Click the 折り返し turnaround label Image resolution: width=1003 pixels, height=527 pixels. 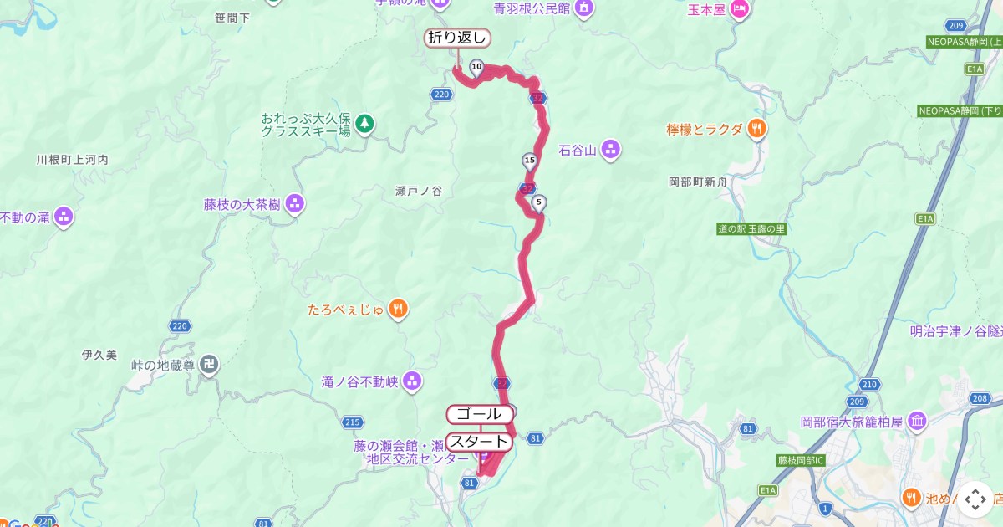pyautogui.click(x=456, y=38)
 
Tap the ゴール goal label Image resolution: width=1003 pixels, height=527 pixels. pyautogui.click(x=479, y=414)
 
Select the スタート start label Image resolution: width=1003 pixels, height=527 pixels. pyautogui.click(x=479, y=442)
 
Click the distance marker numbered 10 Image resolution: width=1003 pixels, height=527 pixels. pyautogui.click(x=476, y=67)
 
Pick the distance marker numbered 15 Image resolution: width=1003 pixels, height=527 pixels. pyautogui.click(x=529, y=160)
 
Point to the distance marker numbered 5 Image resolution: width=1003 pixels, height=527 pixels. pyautogui.click(x=539, y=202)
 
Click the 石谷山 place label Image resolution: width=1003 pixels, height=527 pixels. pyautogui.click(x=577, y=151)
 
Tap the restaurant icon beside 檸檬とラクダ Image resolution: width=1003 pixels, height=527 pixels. pyautogui.click(x=757, y=129)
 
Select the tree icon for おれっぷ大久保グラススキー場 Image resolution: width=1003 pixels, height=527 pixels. pyautogui.click(x=364, y=124)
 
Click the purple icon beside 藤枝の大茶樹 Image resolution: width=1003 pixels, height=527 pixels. pyautogui.click(x=294, y=204)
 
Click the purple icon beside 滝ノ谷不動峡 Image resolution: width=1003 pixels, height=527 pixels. pyautogui.click(x=411, y=382)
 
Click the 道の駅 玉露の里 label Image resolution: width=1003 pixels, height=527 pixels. pyautogui.click(x=751, y=229)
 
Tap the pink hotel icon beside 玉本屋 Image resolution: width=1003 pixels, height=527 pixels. pyautogui.click(x=740, y=9)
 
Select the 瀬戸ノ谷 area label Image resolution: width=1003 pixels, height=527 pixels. pyautogui.click(x=418, y=191)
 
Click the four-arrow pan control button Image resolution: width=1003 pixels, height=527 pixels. pyautogui.click(x=975, y=499)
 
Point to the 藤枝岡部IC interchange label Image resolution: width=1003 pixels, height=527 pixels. pyautogui.click(x=801, y=460)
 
